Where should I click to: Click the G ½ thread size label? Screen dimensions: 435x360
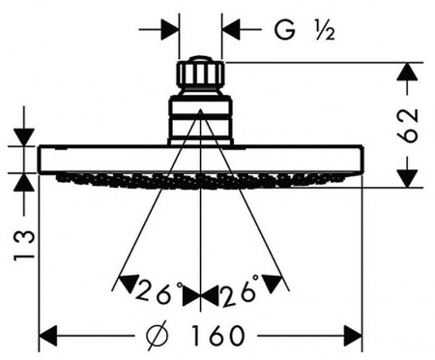[x=304, y=30]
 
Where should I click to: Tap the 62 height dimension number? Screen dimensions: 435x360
[x=408, y=126]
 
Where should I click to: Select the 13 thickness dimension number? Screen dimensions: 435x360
[x=24, y=245]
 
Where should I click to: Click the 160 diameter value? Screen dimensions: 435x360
[x=217, y=336]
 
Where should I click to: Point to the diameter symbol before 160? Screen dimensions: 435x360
[x=158, y=336]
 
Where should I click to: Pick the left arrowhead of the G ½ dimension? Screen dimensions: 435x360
[x=169, y=30]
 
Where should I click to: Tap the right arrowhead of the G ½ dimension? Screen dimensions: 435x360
[x=231, y=30]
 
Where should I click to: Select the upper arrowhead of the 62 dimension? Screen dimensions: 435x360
[x=408, y=71]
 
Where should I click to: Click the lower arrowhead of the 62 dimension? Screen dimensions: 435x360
[x=408, y=178]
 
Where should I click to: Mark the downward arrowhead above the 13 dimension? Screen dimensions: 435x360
[x=24, y=137]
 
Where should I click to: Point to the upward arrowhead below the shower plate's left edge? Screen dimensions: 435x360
[x=24, y=183]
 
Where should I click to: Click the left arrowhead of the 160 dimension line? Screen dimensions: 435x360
[x=48, y=336]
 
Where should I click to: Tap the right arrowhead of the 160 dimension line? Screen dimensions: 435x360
[x=353, y=336]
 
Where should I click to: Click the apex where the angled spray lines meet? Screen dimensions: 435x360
[x=200, y=109]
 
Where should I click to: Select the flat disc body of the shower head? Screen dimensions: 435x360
[x=200, y=160]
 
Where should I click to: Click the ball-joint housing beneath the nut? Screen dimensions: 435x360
[x=200, y=119]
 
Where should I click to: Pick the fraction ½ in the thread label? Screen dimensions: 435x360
[x=326, y=30]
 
